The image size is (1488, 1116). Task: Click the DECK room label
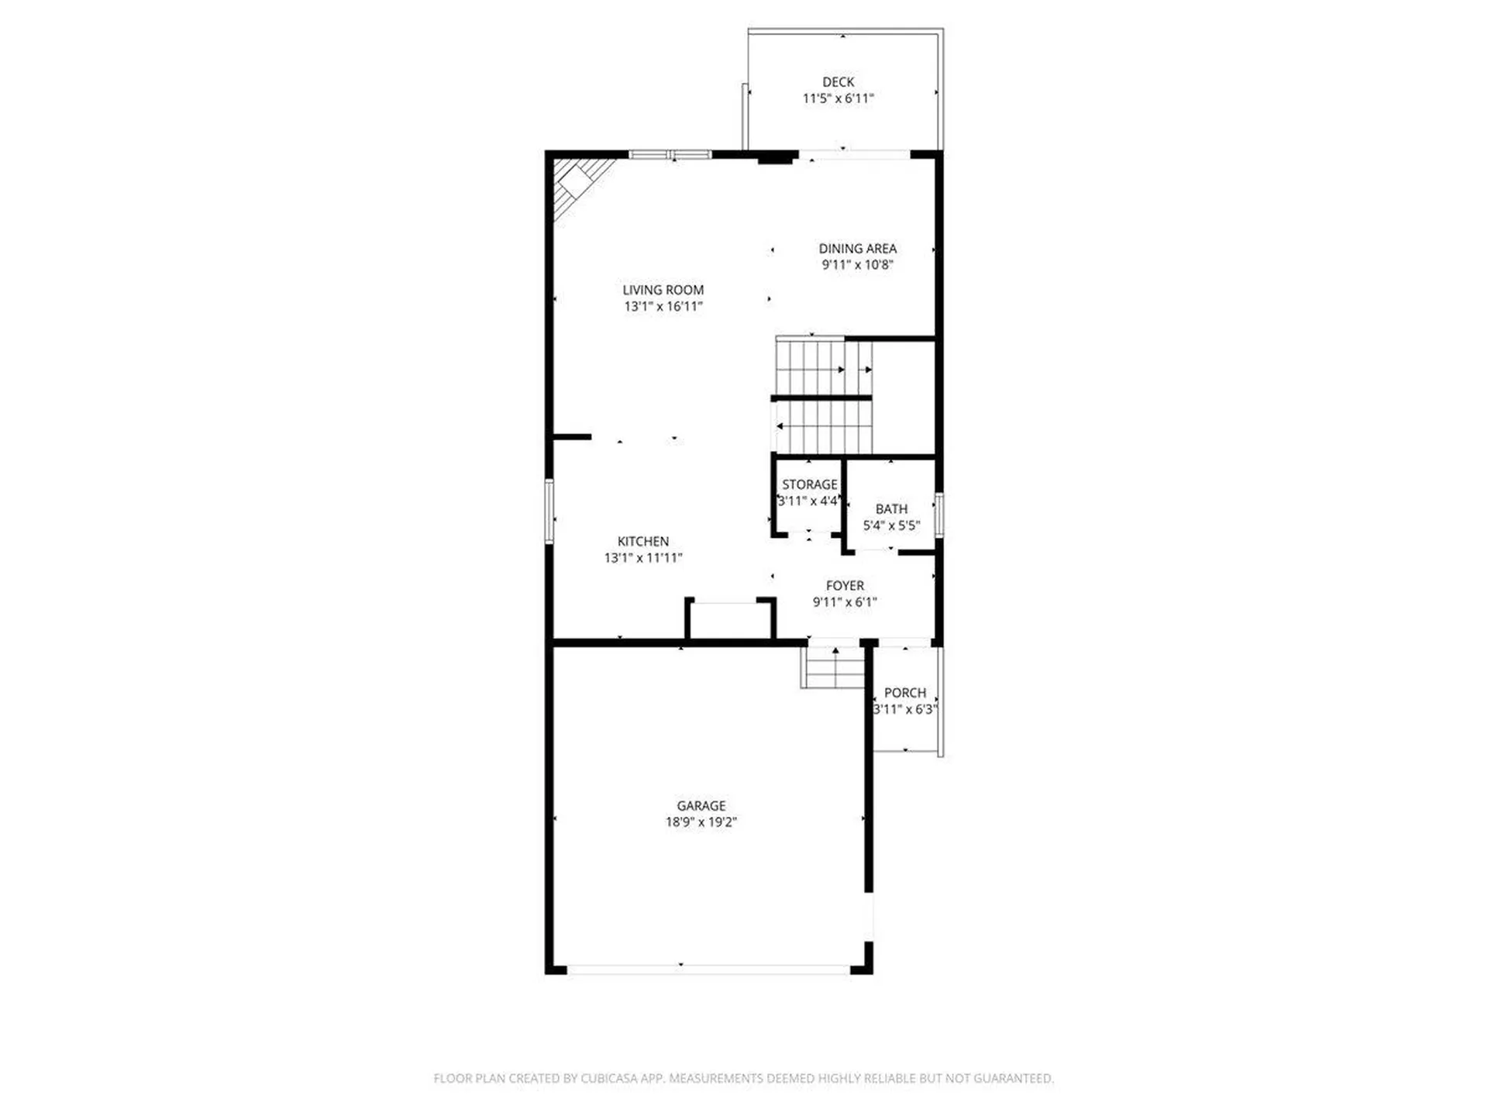838,82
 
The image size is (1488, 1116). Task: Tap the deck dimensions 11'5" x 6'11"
838,98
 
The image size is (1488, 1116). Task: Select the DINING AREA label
857,249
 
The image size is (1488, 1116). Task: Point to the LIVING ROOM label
663,290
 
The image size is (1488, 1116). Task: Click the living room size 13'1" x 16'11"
663,306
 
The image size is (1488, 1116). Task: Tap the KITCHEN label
642,541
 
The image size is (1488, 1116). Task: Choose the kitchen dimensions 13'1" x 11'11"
642,557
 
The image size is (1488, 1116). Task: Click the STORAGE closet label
809,484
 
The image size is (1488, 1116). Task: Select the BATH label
891,509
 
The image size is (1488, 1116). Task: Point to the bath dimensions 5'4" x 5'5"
891,525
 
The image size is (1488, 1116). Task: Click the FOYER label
845,586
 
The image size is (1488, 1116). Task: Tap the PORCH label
904,693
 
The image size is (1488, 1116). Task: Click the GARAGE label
701,806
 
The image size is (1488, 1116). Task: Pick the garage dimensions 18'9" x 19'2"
701,822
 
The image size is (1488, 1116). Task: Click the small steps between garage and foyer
833,667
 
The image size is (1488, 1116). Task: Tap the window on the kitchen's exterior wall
549,511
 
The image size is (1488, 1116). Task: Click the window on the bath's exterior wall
939,515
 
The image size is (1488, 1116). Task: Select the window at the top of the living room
670,155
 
